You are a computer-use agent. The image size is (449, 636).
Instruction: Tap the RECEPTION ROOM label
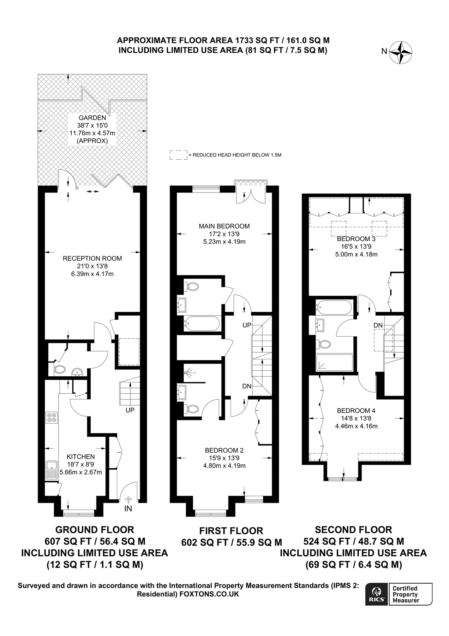click(92, 258)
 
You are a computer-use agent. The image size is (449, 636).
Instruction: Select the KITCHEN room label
click(81, 457)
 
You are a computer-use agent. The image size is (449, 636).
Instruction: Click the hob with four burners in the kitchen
click(51, 417)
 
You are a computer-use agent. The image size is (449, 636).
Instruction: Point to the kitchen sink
click(52, 470)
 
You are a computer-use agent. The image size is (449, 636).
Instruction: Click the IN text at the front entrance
click(128, 508)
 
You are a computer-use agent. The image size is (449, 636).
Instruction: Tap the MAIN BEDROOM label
click(224, 226)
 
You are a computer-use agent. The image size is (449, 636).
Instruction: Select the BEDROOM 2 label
click(224, 450)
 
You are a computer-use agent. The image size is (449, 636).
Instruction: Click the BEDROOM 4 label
click(356, 411)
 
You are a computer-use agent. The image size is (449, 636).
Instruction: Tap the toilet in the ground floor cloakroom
click(60, 370)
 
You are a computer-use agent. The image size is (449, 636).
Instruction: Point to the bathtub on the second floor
click(334, 307)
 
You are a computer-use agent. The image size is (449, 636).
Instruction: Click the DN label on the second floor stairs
click(378, 325)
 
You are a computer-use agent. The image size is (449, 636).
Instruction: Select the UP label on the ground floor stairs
click(130, 410)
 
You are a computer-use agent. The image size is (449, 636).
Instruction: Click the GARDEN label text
click(92, 118)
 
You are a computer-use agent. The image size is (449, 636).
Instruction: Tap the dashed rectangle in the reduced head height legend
click(178, 155)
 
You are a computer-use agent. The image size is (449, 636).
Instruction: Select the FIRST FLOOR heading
click(231, 531)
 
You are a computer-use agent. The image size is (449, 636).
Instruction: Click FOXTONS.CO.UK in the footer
click(209, 594)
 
